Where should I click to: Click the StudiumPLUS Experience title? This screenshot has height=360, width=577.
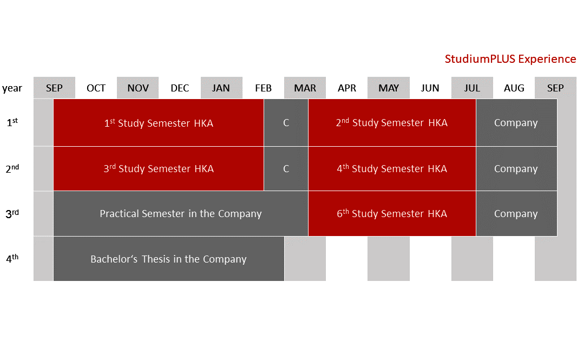pos(510,59)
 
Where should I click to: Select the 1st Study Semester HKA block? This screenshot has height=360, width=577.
pos(159,122)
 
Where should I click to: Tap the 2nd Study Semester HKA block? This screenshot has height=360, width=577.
pos(392,122)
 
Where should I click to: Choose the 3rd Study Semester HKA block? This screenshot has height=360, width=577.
pos(159,168)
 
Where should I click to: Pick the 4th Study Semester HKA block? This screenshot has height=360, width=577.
pos(392,168)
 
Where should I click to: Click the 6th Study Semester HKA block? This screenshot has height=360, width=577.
pos(392,213)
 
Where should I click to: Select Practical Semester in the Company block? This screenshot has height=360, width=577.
pos(181,213)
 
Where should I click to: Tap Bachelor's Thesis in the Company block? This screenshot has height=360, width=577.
pos(169,259)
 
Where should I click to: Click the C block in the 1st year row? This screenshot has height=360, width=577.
pos(286,122)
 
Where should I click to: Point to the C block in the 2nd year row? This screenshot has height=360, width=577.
pos(286,168)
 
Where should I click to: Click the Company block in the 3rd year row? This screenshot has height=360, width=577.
pos(516,213)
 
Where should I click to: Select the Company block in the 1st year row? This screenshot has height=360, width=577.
pos(516,122)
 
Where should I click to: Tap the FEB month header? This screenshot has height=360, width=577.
pos(264,88)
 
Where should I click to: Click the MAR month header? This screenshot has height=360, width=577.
pos(305,88)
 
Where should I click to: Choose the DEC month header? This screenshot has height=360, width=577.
pos(180,88)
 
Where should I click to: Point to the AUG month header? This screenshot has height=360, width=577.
pos(514,88)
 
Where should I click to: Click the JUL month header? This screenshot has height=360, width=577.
pos(472,88)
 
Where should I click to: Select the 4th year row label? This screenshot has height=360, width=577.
pos(12,258)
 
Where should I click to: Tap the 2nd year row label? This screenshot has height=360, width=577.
pos(12,168)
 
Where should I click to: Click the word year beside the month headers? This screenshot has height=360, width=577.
pos(12,88)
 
